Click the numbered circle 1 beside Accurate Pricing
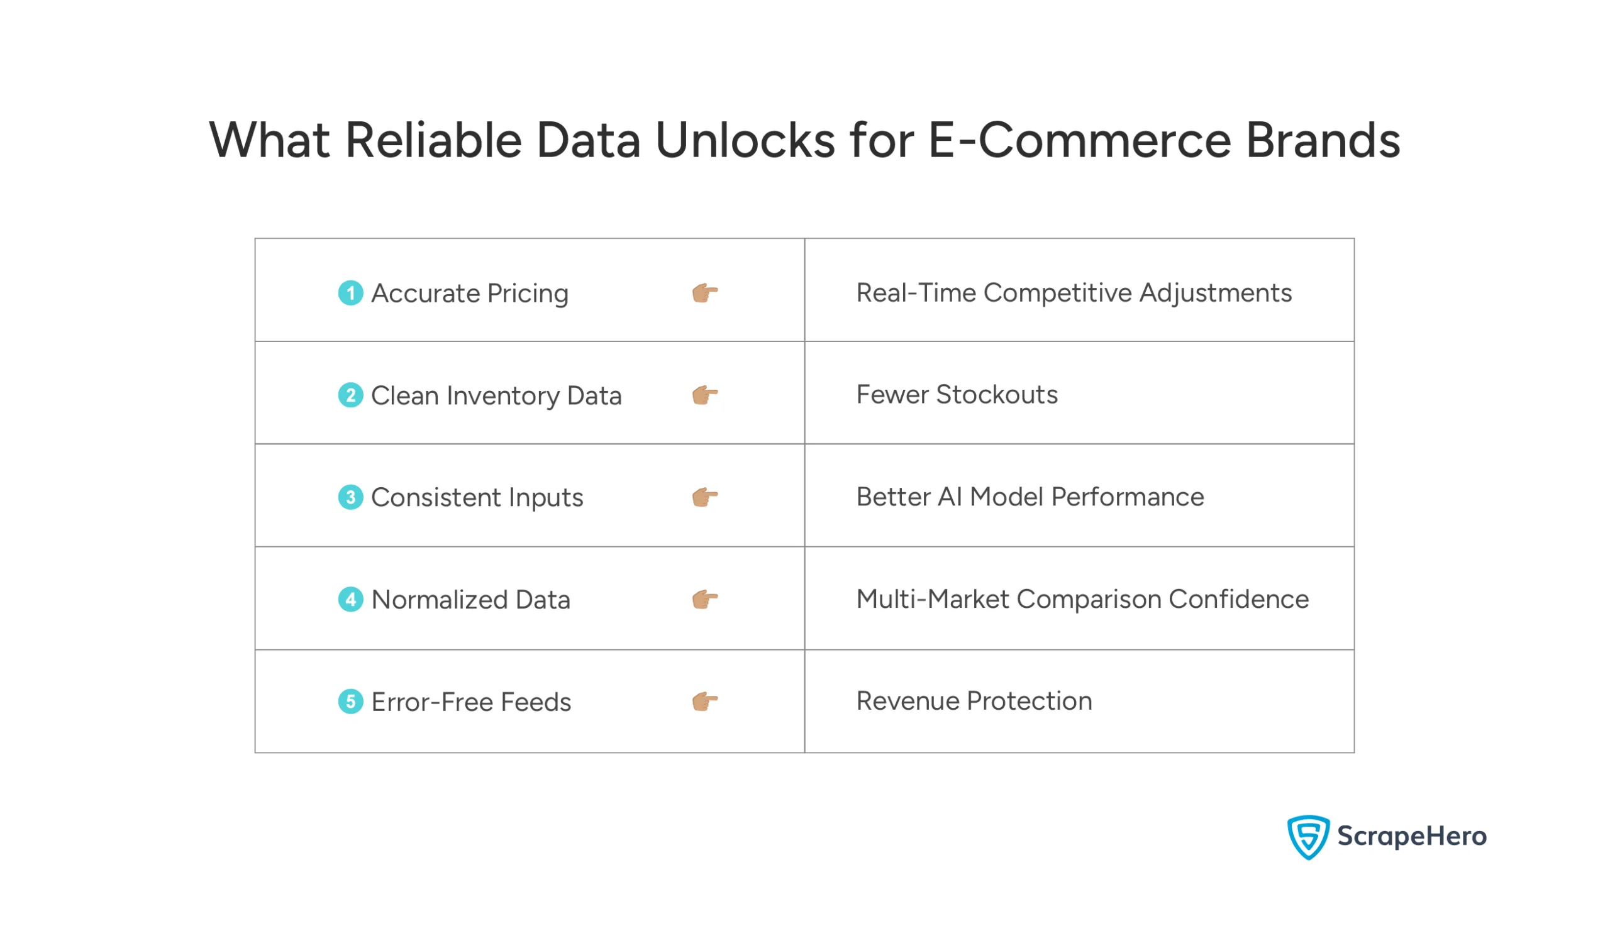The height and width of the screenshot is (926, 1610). pyautogui.click(x=350, y=293)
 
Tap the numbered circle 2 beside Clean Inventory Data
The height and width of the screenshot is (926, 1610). pyautogui.click(x=350, y=395)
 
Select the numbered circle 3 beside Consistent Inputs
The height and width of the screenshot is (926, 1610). pyautogui.click(x=350, y=497)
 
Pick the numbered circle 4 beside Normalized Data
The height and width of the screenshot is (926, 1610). pyautogui.click(x=350, y=600)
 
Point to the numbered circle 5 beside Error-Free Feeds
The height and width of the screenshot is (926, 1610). pyautogui.click(x=350, y=702)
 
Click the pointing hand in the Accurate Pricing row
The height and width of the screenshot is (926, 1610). pyautogui.click(x=705, y=293)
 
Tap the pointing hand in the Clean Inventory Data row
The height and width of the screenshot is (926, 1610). pyautogui.click(x=705, y=395)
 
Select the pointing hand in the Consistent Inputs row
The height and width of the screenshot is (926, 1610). pyautogui.click(x=705, y=497)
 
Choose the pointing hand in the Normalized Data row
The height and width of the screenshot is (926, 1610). pyautogui.click(x=705, y=600)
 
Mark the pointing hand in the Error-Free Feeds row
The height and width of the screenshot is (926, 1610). pyautogui.click(x=705, y=702)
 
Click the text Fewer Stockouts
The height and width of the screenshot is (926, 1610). pyautogui.click(x=957, y=395)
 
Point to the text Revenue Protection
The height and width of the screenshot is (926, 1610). pyautogui.click(x=974, y=701)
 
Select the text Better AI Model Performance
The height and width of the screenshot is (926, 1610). pyautogui.click(x=1030, y=497)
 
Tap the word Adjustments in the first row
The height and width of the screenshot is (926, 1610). pyautogui.click(x=1215, y=293)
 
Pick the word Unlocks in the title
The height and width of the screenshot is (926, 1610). pyautogui.click(x=744, y=140)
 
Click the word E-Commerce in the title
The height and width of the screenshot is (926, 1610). pyautogui.click(x=1079, y=140)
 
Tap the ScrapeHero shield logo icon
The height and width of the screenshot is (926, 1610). pyautogui.click(x=1308, y=837)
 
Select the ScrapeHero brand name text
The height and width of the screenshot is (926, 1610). pyautogui.click(x=1411, y=836)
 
